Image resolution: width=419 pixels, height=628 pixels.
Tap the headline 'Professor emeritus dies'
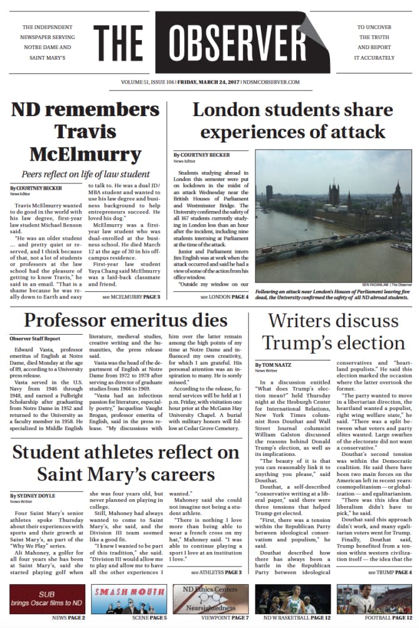[x=125, y=320]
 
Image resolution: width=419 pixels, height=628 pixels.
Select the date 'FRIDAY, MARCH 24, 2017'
[x=213, y=82]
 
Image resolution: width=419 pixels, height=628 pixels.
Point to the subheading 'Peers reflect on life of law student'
[x=85, y=173]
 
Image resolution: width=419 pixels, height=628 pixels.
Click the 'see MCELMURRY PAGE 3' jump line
[x=131, y=296]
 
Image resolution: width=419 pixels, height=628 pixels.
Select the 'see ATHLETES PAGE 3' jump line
[x=216, y=573]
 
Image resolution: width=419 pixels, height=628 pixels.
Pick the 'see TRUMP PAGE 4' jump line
[x=390, y=573]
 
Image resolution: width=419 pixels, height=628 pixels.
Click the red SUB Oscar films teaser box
[x=47, y=598]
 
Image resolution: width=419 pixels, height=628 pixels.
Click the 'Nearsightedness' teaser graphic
[x=209, y=598]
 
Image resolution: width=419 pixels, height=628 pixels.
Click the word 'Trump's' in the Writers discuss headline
[x=301, y=343]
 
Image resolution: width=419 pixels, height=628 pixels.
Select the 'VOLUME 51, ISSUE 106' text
[x=147, y=82]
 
